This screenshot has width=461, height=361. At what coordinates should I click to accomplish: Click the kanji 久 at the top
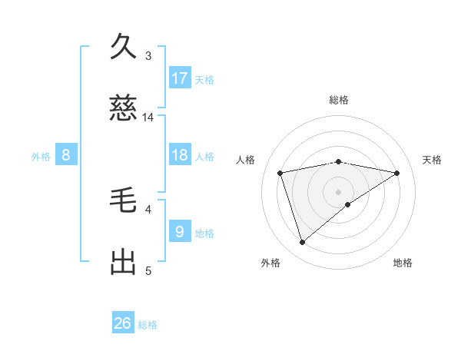(123, 47)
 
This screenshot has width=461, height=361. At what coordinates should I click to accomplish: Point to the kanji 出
(123, 262)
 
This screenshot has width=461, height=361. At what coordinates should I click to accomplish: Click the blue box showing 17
(180, 78)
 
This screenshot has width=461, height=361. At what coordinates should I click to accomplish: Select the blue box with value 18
(180, 155)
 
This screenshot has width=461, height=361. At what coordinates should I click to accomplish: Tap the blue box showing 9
(180, 230)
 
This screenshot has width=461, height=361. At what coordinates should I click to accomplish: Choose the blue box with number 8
(66, 155)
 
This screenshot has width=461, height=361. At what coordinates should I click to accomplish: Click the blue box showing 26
(123, 323)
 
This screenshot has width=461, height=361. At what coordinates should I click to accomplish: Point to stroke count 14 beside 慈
(148, 118)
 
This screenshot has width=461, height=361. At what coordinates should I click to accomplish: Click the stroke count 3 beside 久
(148, 55)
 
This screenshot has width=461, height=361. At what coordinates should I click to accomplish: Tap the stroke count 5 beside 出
(148, 270)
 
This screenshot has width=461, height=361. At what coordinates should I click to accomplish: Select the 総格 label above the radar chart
(339, 100)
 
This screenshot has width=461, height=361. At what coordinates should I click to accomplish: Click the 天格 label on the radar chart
(433, 160)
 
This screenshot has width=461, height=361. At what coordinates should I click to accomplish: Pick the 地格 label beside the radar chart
(403, 263)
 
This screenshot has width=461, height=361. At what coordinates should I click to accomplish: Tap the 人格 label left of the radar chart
(246, 160)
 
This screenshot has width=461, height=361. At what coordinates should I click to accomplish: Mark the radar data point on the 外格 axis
(302, 243)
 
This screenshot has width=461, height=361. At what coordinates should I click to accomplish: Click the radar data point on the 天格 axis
(397, 173)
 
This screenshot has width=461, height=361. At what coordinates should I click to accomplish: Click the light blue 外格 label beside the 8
(41, 156)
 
